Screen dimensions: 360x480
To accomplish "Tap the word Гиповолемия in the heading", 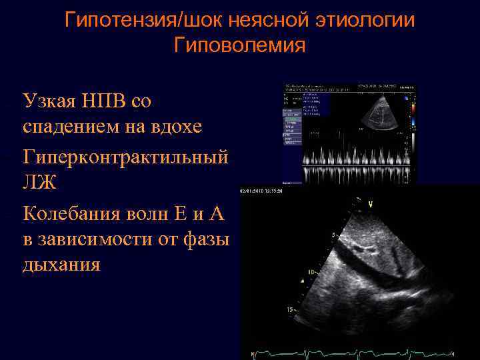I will (x=239, y=46).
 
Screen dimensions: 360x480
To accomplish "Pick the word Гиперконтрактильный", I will (x=126, y=158).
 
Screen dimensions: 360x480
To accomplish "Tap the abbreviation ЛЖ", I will (x=39, y=182).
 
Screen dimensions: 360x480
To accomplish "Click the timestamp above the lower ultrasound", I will (x=262, y=192).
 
